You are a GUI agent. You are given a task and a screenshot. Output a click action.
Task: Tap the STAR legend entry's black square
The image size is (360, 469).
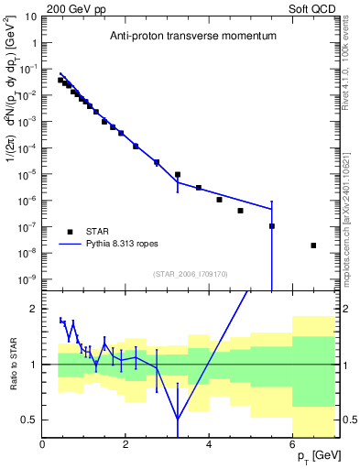pos(70,231)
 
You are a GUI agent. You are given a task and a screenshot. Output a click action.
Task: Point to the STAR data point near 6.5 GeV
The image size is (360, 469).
pos(313,245)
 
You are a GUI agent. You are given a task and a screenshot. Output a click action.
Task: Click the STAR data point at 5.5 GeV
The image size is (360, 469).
pos(272,226)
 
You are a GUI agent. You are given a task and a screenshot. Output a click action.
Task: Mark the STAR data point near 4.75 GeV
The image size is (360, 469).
pos(240,211)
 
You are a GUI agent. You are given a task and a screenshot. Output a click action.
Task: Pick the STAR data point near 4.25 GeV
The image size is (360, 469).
pos(220,200)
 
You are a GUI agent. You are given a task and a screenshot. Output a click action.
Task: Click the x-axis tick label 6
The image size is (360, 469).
pos(292,444)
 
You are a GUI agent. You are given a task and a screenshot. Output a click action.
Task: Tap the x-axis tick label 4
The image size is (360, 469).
pos(210,444)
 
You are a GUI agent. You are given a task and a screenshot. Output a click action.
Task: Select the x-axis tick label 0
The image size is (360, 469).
pos(43,444)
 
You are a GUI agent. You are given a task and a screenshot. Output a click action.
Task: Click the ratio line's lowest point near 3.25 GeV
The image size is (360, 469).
pos(178,420)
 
